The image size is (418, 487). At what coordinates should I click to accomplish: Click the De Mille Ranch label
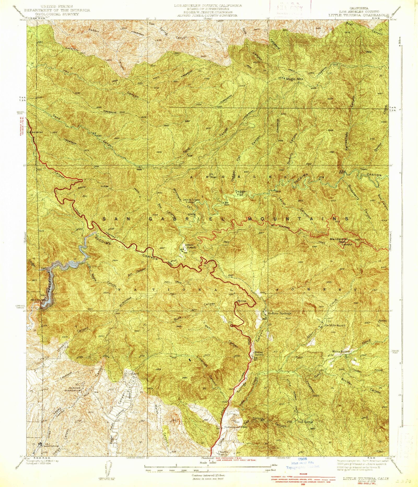[x=335, y=325]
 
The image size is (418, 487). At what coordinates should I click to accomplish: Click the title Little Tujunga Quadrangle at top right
[x=358, y=15]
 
